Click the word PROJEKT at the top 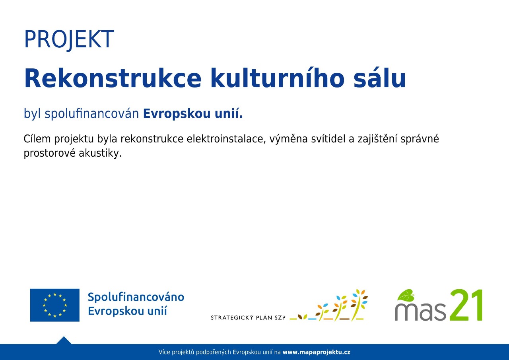coord(69,39)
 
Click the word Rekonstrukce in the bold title coord(113,78)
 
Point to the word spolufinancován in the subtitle coord(92,114)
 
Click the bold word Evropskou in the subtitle coord(177,114)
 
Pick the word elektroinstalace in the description coord(226,139)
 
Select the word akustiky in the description coord(100,153)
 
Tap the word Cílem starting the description coord(37,139)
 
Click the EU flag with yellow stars coord(55,305)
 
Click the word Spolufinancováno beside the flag coord(136,298)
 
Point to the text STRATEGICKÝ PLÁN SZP coord(248,317)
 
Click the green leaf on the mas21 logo coord(406,295)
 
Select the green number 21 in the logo coord(466,305)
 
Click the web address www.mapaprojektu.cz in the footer coord(317,352)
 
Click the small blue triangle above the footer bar coord(64,340)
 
